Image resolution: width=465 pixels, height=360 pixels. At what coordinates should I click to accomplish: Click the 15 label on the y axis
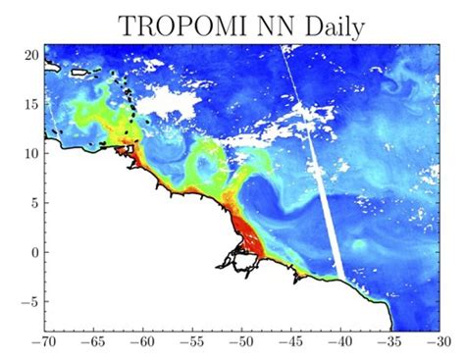(x=31, y=103)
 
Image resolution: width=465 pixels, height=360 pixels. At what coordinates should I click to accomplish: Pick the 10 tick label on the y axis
(x=31, y=153)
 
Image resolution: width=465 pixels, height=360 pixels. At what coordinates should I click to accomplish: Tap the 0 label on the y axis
(x=34, y=252)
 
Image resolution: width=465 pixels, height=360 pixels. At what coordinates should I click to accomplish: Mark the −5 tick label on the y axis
(x=29, y=302)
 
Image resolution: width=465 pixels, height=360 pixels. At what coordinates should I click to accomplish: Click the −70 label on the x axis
(x=43, y=344)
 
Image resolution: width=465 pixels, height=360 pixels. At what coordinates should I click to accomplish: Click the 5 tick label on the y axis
(x=34, y=202)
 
